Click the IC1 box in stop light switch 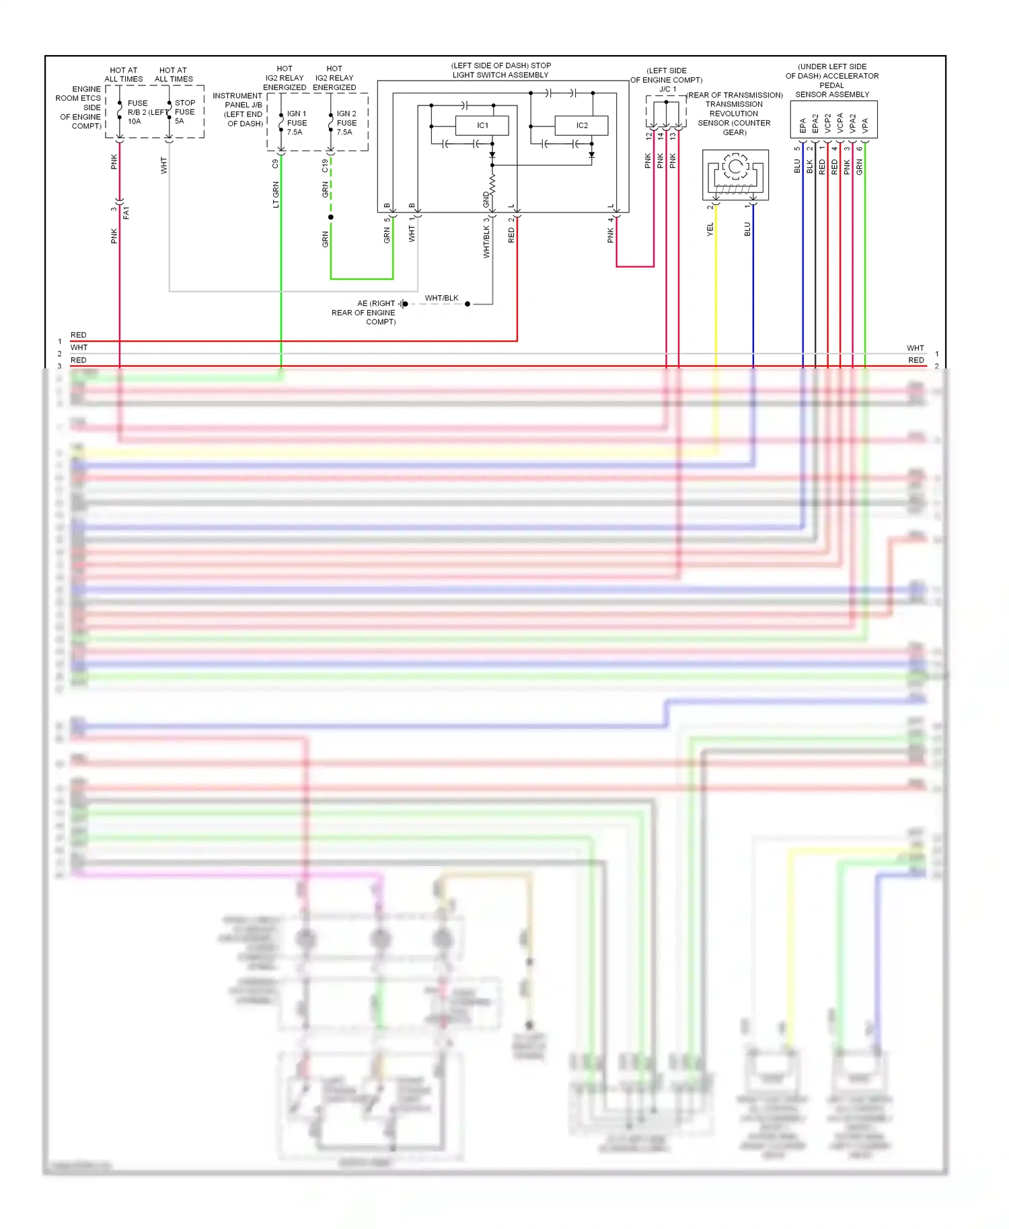pyautogui.click(x=482, y=126)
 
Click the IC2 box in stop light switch pyautogui.click(x=582, y=126)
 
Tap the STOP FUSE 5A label pyautogui.click(x=184, y=112)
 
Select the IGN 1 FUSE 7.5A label pyautogui.click(x=297, y=123)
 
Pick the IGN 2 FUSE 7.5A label pyautogui.click(x=346, y=123)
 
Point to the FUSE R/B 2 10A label pyautogui.click(x=138, y=112)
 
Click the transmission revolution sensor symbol pyautogui.click(x=735, y=174)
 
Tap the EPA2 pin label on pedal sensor pyautogui.click(x=815, y=124)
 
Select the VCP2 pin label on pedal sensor pyautogui.click(x=828, y=124)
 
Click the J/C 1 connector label pyautogui.click(x=667, y=89)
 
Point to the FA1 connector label pyautogui.click(x=126, y=212)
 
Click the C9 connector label pyautogui.click(x=276, y=163)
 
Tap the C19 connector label pyautogui.click(x=326, y=165)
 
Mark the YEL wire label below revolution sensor pyautogui.click(x=710, y=229)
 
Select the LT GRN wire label pyautogui.click(x=276, y=194)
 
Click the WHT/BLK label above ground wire pyautogui.click(x=441, y=298)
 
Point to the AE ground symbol pyautogui.click(x=402, y=304)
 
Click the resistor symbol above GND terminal pyautogui.click(x=492, y=184)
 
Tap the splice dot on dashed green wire pyautogui.click(x=331, y=217)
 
